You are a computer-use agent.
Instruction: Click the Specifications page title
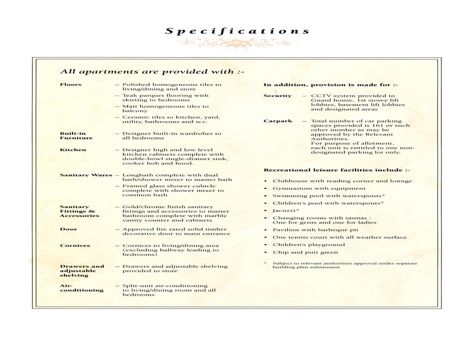[237, 31]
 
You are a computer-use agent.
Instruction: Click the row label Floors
[71, 84]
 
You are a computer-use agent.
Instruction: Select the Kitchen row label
[73, 150]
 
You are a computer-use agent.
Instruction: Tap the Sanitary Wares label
[86, 175]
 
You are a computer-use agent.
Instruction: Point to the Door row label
[68, 229]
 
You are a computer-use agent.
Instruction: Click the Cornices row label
[75, 246]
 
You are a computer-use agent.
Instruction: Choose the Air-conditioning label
[81, 288]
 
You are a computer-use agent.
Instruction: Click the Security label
[277, 95]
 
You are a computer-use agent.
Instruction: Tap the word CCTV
[320, 95]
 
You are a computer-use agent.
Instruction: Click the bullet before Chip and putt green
[265, 253]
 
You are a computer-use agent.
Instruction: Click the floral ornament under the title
[236, 44]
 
